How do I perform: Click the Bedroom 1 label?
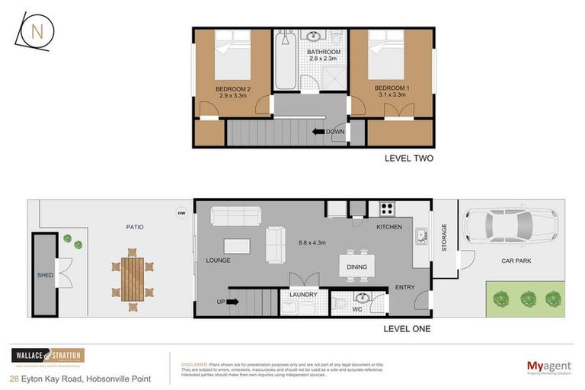click(x=392, y=92)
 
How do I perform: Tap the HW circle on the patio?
click(x=181, y=213)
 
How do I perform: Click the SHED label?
click(x=45, y=275)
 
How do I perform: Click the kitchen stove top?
click(x=386, y=208)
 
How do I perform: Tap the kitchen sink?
click(x=420, y=238)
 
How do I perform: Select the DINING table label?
click(x=356, y=267)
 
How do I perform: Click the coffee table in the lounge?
click(x=237, y=246)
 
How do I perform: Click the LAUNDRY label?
click(x=304, y=295)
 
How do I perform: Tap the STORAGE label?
click(x=445, y=238)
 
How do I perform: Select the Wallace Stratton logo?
click(x=47, y=356)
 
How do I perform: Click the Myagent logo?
click(x=548, y=367)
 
